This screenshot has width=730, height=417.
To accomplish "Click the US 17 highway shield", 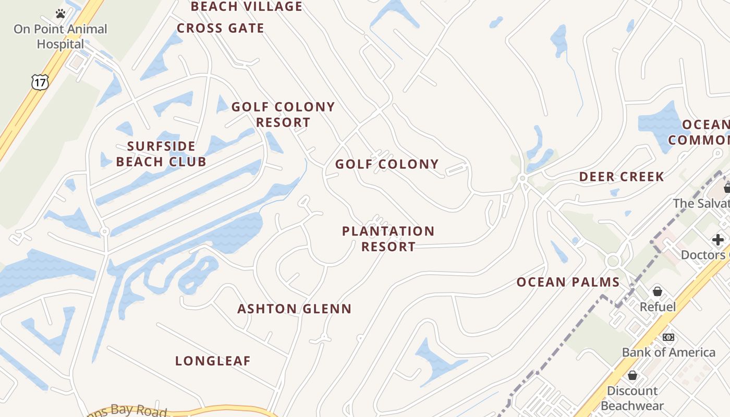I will (x=40, y=81).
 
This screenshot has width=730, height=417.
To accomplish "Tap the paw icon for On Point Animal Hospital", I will (x=60, y=14).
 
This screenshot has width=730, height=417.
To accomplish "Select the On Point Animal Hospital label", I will (x=60, y=36).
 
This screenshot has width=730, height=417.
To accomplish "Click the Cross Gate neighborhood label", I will (x=221, y=28).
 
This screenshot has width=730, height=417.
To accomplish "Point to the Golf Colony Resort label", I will (x=283, y=115).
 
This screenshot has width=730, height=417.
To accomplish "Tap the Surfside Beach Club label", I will (x=161, y=154).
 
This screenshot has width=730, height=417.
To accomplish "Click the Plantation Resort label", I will (x=388, y=239).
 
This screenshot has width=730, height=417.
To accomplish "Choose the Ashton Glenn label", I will (x=295, y=309).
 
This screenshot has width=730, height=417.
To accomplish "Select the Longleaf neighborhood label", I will (x=213, y=361).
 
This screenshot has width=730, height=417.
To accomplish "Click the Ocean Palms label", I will (x=568, y=283).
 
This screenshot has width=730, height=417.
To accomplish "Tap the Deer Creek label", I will (x=622, y=177).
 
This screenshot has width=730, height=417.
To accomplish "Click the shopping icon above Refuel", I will (x=658, y=291).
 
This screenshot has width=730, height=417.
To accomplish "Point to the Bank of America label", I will (x=668, y=352).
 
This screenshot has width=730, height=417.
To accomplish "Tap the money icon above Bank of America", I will (x=668, y=337).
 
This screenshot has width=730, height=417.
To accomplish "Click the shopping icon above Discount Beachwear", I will (x=632, y=375).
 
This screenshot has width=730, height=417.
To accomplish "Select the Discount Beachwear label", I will (x=632, y=398).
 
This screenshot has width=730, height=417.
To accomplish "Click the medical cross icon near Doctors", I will (x=718, y=240).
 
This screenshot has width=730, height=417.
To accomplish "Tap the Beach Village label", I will (x=247, y=7).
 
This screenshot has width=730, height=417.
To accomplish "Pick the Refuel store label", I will (x=658, y=307).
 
